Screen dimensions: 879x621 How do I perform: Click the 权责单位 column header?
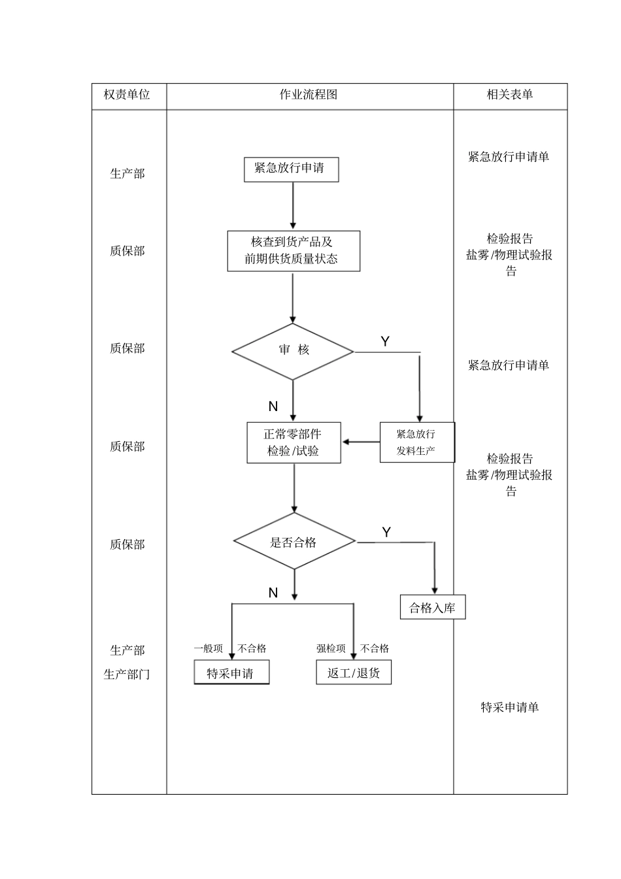pos(127,95)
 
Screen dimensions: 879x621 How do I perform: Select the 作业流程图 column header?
pos(309,95)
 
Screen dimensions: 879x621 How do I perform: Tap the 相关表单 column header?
pos(510,95)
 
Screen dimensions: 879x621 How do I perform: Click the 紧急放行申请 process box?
pos(291,169)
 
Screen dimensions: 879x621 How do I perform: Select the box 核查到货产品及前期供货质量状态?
pos(293,250)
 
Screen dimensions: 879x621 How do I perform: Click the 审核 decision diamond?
pos(293,351)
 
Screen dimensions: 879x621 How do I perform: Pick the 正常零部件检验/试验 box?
pos(294,442)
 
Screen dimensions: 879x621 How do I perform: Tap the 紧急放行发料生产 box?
pos(416,442)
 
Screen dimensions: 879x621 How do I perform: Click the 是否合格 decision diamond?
pos(294,542)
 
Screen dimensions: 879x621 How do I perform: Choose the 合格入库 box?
pos(432,608)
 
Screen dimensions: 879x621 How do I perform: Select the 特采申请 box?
pos(231,673)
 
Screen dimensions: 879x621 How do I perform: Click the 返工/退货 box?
pos(354,673)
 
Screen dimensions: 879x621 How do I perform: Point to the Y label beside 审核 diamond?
pos(385,341)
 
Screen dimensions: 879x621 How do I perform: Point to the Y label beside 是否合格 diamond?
pos(386,532)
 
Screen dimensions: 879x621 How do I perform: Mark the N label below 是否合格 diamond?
pos(273,593)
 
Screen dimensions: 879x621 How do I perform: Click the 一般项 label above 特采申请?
pos(208,648)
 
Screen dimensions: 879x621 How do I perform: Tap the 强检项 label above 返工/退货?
pos(331,648)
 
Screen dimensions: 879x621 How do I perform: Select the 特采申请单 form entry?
pos(510,707)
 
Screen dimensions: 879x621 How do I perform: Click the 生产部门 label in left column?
pos(127,674)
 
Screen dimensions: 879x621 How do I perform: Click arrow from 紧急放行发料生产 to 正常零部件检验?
pos(361,442)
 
